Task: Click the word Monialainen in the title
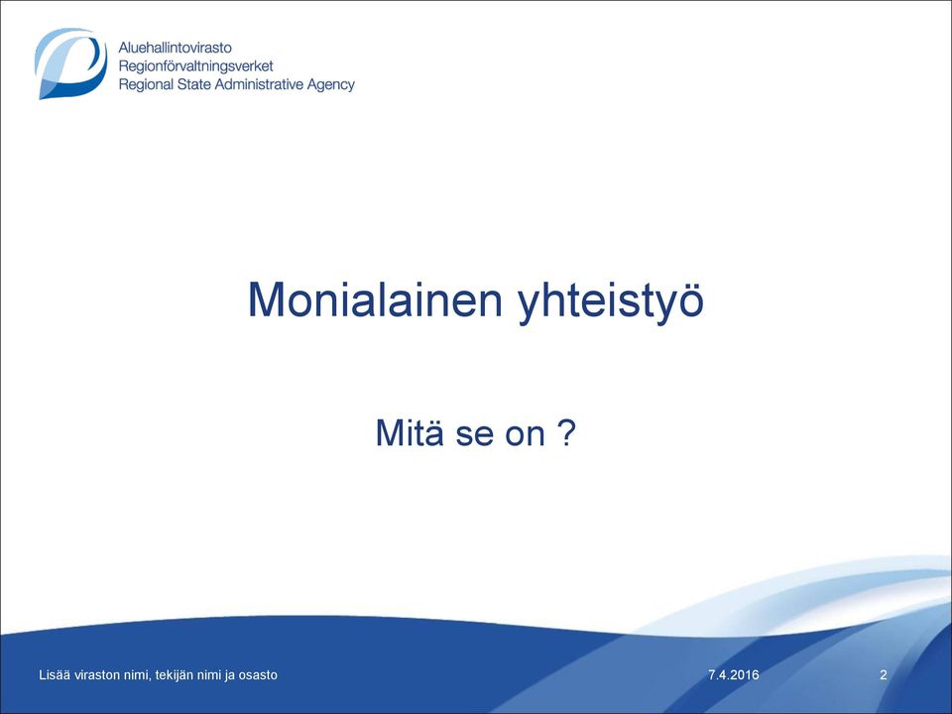coord(375,299)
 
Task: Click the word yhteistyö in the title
coord(611,301)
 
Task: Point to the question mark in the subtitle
coord(565,432)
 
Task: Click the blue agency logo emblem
coord(71,63)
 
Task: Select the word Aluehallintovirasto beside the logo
coord(175,48)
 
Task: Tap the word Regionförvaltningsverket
coord(195,66)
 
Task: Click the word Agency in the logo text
coord(330,85)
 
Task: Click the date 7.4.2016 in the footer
coord(734,674)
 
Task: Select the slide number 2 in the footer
coord(884,674)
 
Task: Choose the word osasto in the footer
coord(259,674)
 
